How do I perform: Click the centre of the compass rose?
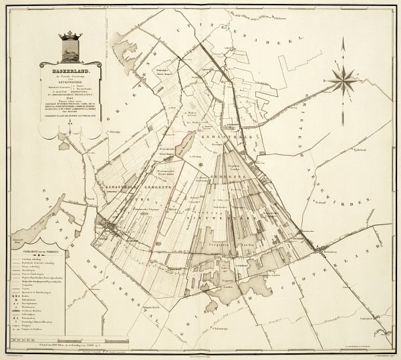tap(342, 79)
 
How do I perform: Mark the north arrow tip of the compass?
tap(342, 42)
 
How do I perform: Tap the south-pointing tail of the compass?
tap(342, 114)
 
